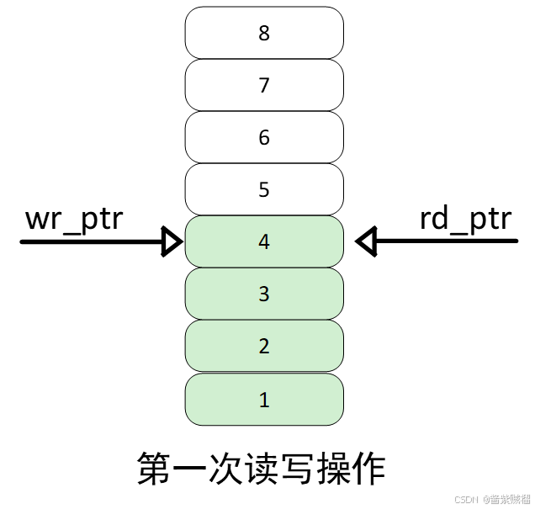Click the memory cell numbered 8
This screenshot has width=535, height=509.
tap(264, 33)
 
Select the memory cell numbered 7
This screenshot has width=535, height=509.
tap(264, 85)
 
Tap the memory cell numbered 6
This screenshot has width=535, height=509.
tap(264, 137)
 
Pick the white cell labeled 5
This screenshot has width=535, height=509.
tap(264, 189)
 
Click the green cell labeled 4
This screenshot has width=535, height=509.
tap(264, 242)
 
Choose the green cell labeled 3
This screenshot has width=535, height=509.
tap(264, 294)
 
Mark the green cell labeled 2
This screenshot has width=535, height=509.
tap(264, 346)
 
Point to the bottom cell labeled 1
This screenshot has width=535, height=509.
tap(264, 399)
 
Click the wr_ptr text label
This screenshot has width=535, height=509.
tap(75, 220)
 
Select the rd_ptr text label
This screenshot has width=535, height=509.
tap(465, 220)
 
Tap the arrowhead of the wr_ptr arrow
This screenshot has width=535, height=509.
tap(172, 242)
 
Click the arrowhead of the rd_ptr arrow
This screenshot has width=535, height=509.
tap(365, 242)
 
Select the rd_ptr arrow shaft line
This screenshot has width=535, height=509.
tap(446, 242)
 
